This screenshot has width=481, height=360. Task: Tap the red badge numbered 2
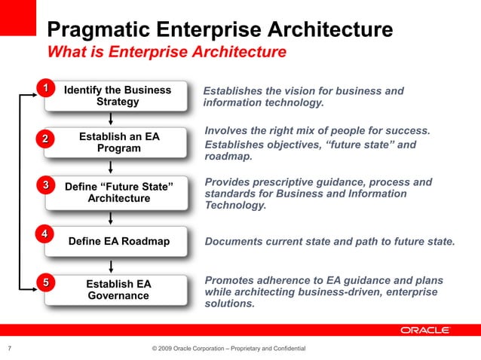(x=45, y=139)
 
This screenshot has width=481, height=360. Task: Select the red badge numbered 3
(x=45, y=185)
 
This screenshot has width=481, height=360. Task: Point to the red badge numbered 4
(x=45, y=233)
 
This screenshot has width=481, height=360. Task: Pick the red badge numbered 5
(x=45, y=282)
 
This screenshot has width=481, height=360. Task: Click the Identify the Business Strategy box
(x=118, y=96)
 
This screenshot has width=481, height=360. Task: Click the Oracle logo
(x=425, y=330)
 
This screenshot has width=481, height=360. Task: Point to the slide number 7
(x=9, y=348)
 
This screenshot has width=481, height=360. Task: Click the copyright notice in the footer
(x=228, y=348)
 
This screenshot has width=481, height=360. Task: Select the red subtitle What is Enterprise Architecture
(x=167, y=53)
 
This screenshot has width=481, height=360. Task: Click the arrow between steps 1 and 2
(x=112, y=117)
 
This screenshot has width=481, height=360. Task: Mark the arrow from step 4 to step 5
(x=112, y=265)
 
